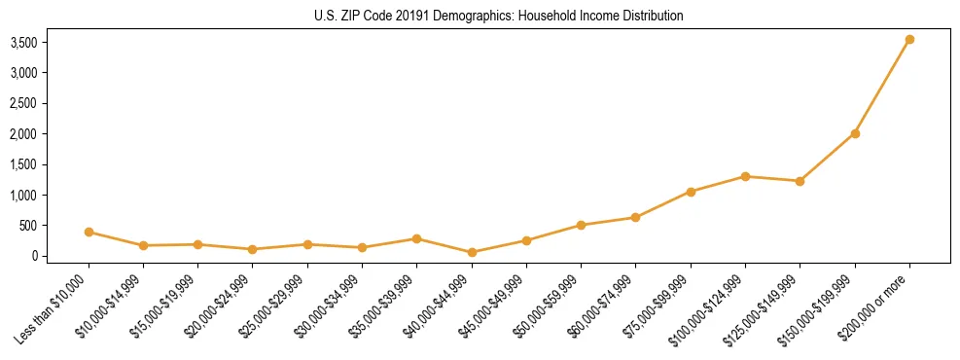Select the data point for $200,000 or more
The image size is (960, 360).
pos(909,40)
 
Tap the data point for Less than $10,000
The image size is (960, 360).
pos(89,232)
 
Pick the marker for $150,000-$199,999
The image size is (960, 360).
pos(855,133)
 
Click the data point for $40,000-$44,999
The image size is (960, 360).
pos(472,252)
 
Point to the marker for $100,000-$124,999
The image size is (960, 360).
pos(745,176)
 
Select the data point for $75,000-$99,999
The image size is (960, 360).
pos(691,192)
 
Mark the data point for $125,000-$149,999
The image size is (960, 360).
pos(800,181)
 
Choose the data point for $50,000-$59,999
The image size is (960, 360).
pos(581,225)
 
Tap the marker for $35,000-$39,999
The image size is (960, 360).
pos(417,238)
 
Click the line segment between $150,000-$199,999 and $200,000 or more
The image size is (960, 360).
pos(882,87)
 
